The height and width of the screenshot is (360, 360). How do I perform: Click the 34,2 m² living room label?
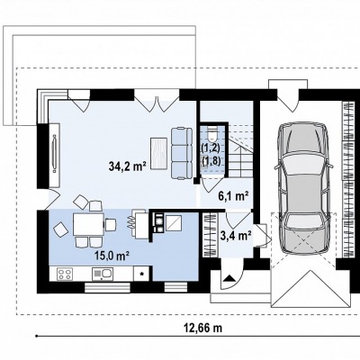point(127,166)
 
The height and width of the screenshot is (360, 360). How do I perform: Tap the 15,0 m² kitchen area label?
point(112,256)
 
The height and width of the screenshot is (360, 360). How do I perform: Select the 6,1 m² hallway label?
point(233,196)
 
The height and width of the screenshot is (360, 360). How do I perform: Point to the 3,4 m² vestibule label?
point(236,236)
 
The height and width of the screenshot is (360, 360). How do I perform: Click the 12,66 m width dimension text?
point(202,328)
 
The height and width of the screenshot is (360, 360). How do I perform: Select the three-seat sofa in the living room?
point(182,153)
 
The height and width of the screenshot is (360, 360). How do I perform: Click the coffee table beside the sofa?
point(158,154)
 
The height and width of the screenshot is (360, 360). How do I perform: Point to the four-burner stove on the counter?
point(64,274)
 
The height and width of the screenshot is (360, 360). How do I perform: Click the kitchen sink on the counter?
point(103,274)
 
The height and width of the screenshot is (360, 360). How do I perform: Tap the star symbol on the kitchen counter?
point(143,274)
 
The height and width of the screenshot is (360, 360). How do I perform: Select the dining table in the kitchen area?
point(88,224)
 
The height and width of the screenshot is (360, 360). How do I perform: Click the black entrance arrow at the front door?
point(229,277)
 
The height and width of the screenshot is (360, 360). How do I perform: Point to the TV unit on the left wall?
point(54,153)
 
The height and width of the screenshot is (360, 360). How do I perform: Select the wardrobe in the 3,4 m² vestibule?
point(210,235)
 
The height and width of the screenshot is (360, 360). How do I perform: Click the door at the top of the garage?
point(288,101)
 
